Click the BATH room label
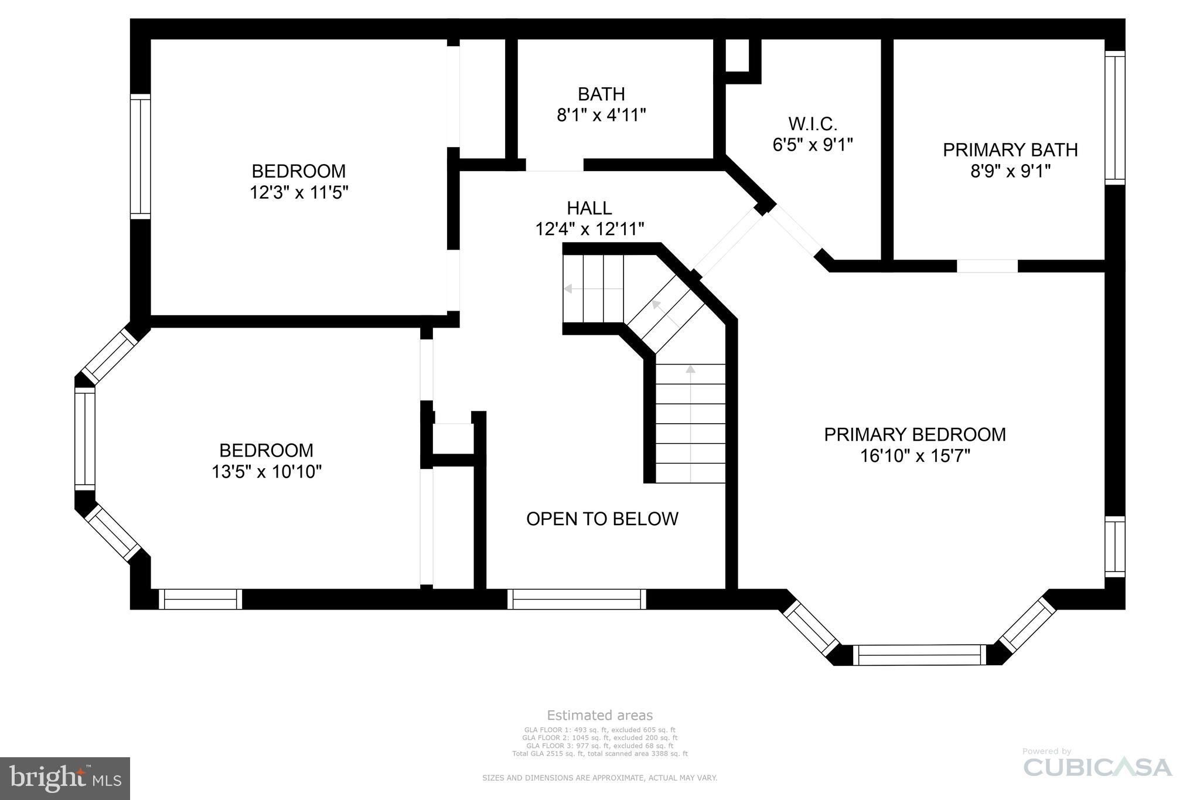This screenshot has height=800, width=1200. [x=601, y=94]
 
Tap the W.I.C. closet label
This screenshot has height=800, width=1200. [x=812, y=124]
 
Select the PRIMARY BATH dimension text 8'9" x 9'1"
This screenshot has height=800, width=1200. [x=1010, y=171]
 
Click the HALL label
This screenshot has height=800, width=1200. [x=589, y=208]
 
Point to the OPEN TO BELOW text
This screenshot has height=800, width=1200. [x=602, y=519]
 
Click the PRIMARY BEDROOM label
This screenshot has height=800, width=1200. [x=915, y=434]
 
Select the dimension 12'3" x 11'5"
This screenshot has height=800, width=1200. [x=299, y=192]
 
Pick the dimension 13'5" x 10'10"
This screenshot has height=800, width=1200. [x=267, y=471]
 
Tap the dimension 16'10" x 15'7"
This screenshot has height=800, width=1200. [x=915, y=456]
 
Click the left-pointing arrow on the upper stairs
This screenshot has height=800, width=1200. [x=568, y=289]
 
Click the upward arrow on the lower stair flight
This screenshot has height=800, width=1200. [x=690, y=369]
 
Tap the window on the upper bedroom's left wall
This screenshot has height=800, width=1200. [x=141, y=156]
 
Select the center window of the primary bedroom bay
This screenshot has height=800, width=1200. [x=919, y=655]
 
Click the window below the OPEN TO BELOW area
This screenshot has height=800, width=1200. [x=577, y=599]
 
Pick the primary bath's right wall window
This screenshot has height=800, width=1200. [x=1114, y=118]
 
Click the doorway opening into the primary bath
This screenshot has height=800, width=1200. [x=987, y=266]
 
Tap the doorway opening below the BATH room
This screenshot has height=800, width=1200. [x=554, y=165]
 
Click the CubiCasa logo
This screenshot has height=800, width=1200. [x=1097, y=767]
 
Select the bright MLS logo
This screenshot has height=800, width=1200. [x=65, y=778]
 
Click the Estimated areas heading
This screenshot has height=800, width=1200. [x=599, y=715]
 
